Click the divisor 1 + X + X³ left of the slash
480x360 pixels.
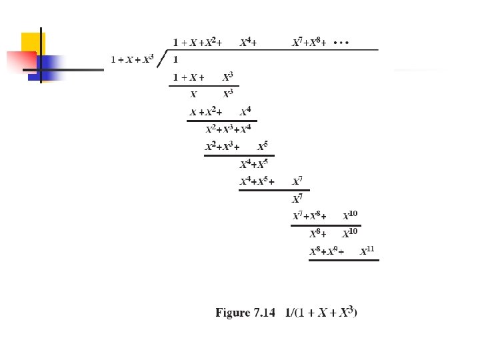click(132, 59)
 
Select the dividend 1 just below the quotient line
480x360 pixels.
click(175, 59)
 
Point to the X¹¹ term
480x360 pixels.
click(367, 251)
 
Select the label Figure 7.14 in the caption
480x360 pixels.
click(245, 312)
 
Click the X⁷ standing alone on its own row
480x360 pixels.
click(297, 199)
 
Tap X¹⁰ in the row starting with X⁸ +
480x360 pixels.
click(350, 233)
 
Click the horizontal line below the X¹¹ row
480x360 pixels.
click(343, 260)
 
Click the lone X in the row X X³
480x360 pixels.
click(193, 94)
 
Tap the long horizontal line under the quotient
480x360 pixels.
click(273, 50)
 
